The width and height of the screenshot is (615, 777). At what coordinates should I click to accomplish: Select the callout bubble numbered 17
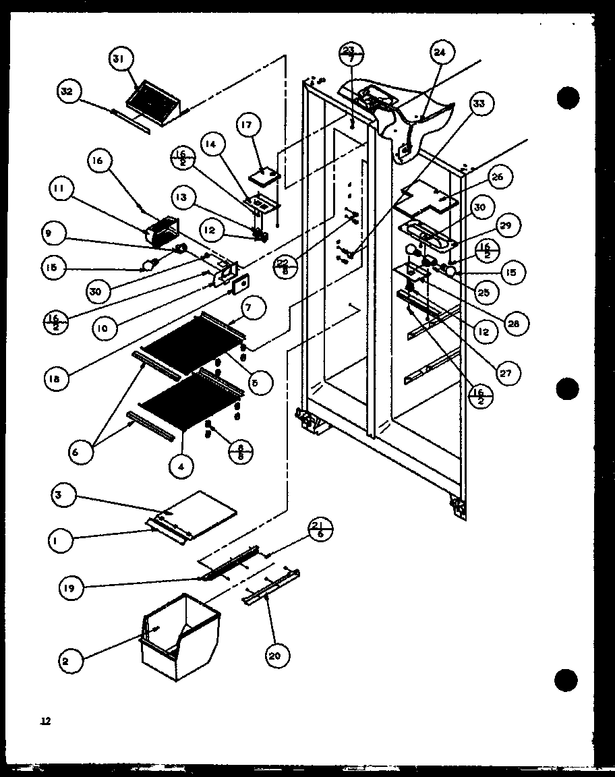tap(248, 126)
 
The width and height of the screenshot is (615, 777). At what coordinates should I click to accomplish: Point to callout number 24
tap(444, 53)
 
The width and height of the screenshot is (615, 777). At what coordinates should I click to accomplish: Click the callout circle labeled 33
tap(482, 105)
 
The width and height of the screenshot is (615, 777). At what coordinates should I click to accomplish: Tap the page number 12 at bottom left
tap(45, 722)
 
